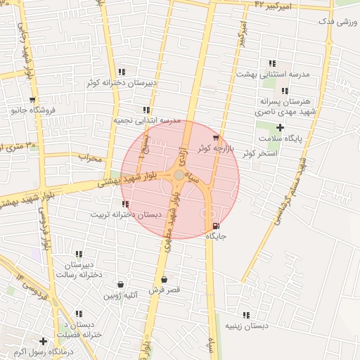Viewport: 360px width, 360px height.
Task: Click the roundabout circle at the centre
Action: click(180, 174)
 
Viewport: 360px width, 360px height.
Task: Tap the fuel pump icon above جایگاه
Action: click(214, 226)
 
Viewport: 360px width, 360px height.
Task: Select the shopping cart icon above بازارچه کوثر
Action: click(215, 138)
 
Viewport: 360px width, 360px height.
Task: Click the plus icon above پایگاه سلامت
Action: click(280, 127)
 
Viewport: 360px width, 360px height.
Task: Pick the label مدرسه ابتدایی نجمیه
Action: click(148, 120)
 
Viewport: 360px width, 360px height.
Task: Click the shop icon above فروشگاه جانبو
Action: click(32, 100)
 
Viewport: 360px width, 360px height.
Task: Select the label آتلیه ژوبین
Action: click(122, 295)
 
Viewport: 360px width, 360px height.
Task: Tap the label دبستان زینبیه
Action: click(246, 326)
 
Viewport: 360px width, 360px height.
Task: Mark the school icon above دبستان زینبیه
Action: click(246, 315)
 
